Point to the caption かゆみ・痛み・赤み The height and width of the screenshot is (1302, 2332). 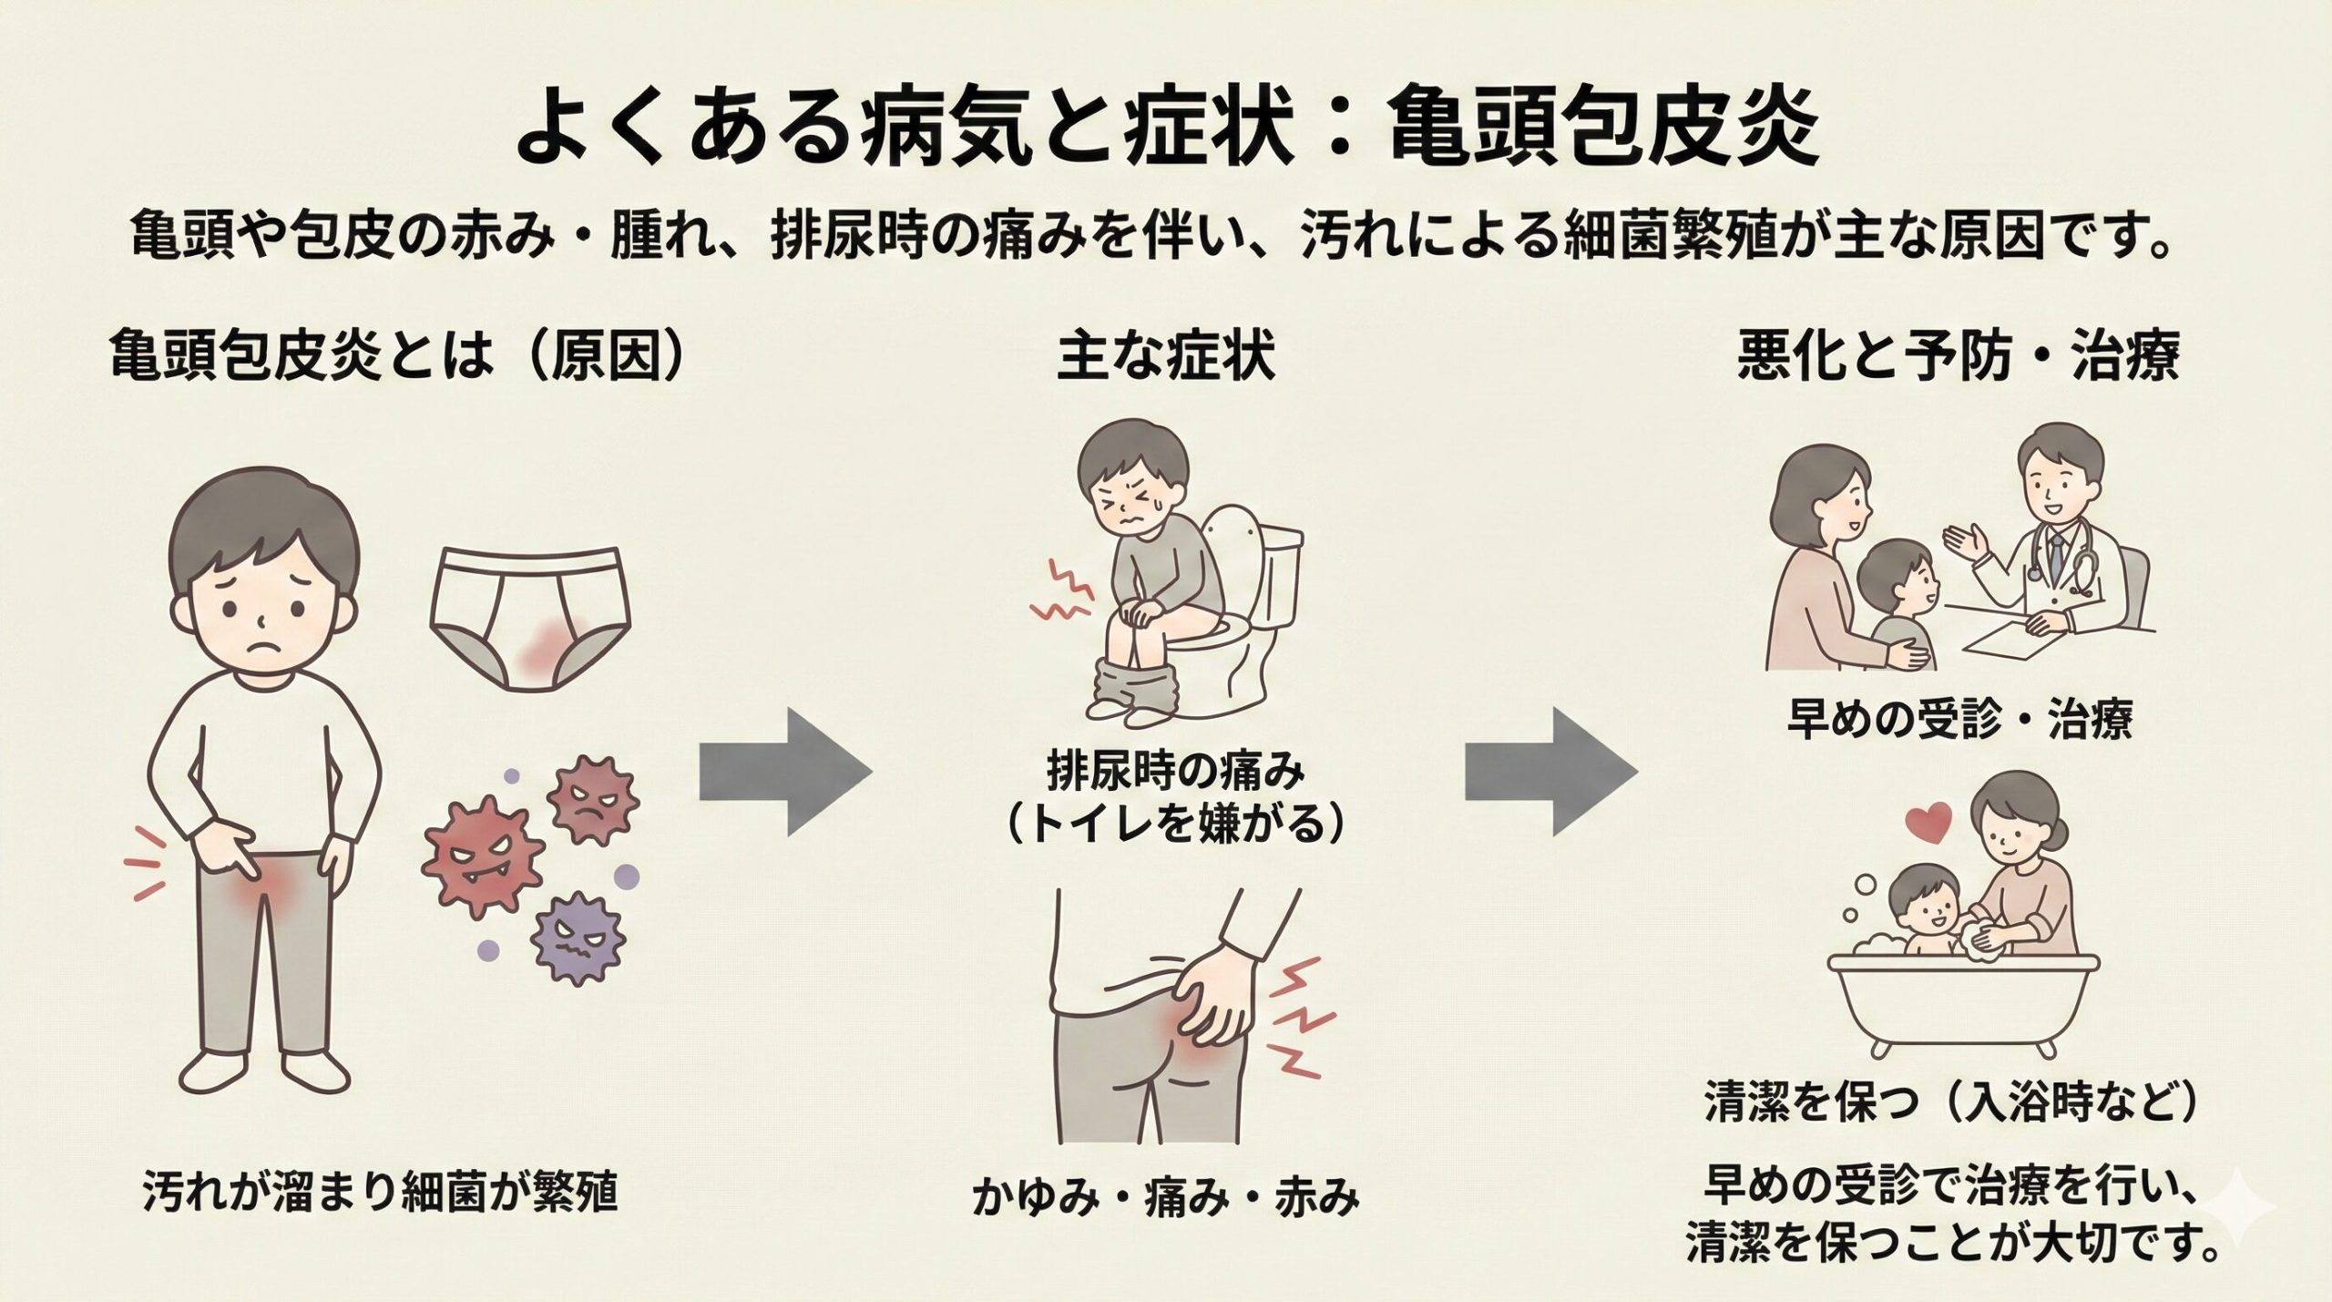pos(1165,1198)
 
